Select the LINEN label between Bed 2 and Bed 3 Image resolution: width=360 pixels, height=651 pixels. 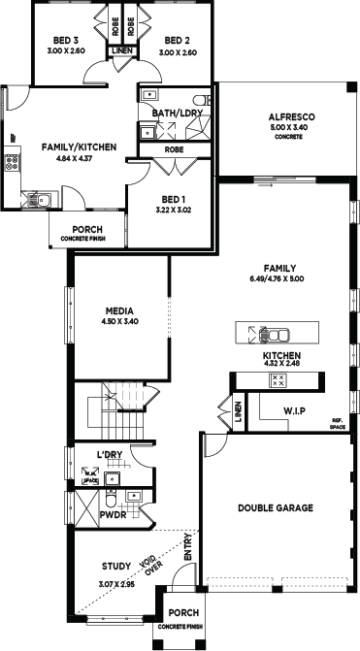122,50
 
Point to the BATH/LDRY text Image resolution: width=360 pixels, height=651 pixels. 177,113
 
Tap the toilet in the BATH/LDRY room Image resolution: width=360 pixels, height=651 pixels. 202,100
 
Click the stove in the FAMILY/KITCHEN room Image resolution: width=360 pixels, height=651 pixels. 12,162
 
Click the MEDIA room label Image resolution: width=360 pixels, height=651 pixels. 119,311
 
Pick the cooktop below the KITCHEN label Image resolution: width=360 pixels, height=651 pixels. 278,380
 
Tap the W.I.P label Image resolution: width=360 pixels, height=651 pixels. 295,410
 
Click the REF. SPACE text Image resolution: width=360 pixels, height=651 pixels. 337,423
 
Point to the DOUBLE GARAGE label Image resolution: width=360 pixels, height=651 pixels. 276,507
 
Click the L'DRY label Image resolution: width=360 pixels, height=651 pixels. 110,454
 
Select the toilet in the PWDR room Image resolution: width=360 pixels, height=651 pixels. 111,499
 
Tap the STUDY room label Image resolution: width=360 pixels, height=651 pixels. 116,566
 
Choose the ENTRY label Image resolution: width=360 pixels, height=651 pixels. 188,547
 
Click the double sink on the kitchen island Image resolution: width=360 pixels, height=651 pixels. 274,335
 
